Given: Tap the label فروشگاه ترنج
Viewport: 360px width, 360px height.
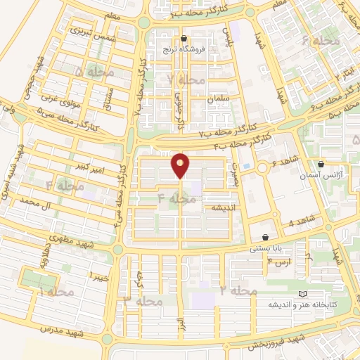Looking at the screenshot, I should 184,51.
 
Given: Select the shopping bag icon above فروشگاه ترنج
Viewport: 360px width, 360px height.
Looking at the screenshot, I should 184,39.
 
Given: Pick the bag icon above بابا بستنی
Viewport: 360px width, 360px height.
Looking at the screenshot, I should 264,237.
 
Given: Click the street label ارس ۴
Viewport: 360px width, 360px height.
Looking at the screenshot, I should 279,263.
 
